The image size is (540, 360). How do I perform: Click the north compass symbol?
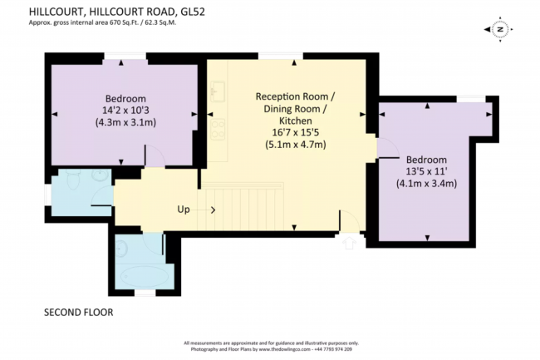(x=500, y=29)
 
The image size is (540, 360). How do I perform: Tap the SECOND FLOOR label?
(x=77, y=313)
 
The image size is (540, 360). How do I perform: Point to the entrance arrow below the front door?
(x=349, y=244)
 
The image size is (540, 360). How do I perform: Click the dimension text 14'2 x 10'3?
(x=125, y=108)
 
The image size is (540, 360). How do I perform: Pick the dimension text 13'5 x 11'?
(x=427, y=172)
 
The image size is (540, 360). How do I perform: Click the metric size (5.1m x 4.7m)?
(x=295, y=144)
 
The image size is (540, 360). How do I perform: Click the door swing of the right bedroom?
(x=387, y=146)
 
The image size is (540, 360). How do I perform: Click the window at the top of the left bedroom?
(x=125, y=57)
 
